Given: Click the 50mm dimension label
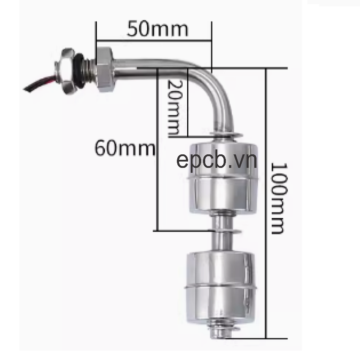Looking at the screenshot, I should (x=157, y=29).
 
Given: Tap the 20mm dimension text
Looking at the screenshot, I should (x=174, y=108).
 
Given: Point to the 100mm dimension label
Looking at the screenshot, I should (x=278, y=198).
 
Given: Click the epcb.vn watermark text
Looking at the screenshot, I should (x=216, y=161).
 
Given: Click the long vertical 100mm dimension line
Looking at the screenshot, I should (x=266, y=202).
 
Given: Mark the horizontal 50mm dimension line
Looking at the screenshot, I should (x=153, y=41).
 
